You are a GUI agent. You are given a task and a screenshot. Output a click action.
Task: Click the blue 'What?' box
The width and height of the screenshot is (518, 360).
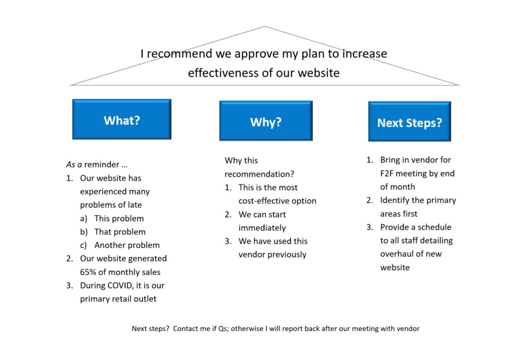tap(121, 119)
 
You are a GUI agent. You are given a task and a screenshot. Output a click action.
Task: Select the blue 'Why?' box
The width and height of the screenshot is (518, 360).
tap(266, 121)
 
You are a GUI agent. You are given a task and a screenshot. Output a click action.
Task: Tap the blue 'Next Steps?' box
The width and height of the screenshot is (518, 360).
tap(410, 121)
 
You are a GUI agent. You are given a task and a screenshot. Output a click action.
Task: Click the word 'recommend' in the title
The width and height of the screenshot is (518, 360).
tap(180, 54)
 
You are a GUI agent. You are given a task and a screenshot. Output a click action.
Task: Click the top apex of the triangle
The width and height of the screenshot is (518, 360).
tap(264, 26)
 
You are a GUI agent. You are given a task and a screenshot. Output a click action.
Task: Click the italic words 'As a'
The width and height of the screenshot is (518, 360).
tap(74, 164)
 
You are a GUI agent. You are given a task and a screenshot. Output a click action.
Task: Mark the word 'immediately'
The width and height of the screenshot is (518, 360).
tap(263, 228)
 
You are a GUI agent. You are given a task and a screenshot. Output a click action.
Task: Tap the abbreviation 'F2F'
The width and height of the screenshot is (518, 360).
tap(386, 173)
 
